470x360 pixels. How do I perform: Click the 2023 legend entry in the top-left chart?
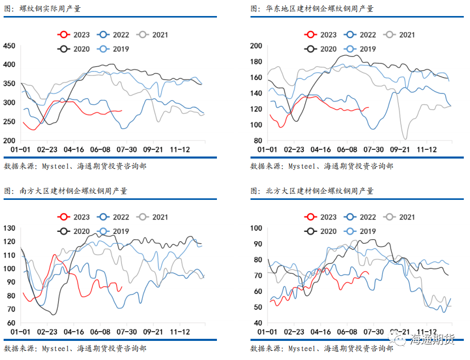[x=73, y=35]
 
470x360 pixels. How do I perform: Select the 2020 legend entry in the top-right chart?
[x=320, y=49]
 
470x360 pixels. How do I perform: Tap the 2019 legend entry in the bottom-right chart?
[x=359, y=231]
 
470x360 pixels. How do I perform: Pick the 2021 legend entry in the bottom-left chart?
[x=152, y=217]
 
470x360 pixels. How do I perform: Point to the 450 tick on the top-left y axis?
[x=9, y=46]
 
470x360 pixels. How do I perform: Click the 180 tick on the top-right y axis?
[x=256, y=61]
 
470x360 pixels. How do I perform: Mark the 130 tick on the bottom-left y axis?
[x=9, y=228]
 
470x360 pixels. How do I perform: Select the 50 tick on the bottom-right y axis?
[x=258, y=307]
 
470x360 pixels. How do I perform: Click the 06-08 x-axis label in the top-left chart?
[x=100, y=149]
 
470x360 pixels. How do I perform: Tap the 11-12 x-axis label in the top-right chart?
[x=427, y=149]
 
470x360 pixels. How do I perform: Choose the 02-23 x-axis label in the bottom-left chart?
[x=47, y=332]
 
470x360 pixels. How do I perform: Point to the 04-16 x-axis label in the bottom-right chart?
[x=320, y=332]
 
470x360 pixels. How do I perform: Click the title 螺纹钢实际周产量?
[x=50, y=9]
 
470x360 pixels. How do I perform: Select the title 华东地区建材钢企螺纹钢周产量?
[x=320, y=9]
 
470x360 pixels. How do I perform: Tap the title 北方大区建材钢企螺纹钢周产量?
[x=320, y=191]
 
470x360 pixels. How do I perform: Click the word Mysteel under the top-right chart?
[x=302, y=166]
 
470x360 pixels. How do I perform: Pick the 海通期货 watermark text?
[x=432, y=339]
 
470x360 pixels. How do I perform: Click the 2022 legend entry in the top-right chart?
[x=359, y=35]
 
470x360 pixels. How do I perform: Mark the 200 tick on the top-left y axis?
[x=9, y=140]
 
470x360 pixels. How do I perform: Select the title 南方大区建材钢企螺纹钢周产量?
[x=73, y=191]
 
